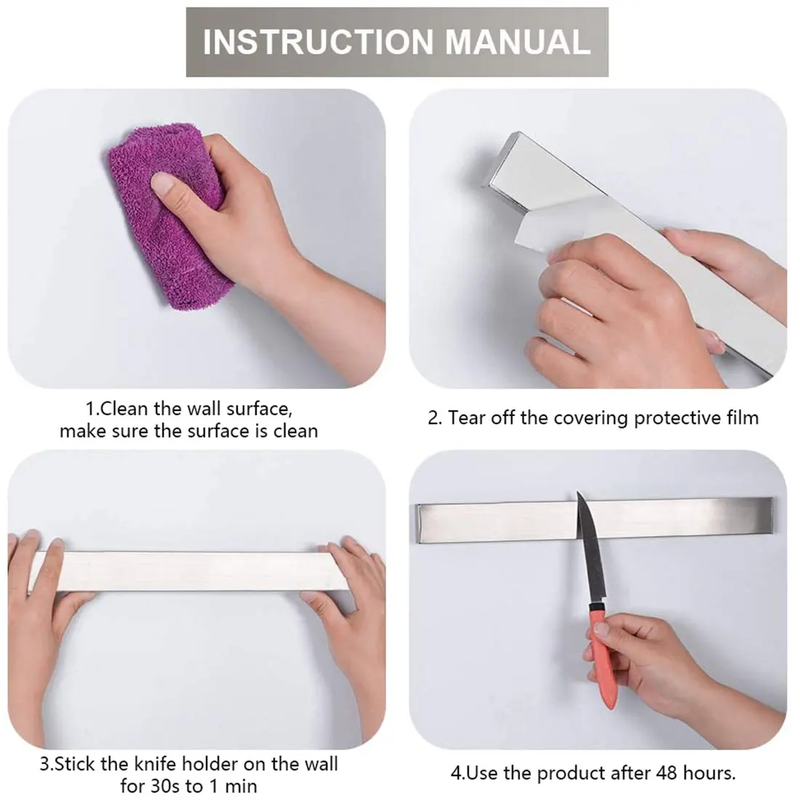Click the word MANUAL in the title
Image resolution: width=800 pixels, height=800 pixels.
[517, 42]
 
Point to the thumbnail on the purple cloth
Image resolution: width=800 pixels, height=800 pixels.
[167, 185]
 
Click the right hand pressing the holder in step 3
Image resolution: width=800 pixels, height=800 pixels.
[349, 582]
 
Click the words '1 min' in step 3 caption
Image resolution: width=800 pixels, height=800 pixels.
[232, 785]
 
